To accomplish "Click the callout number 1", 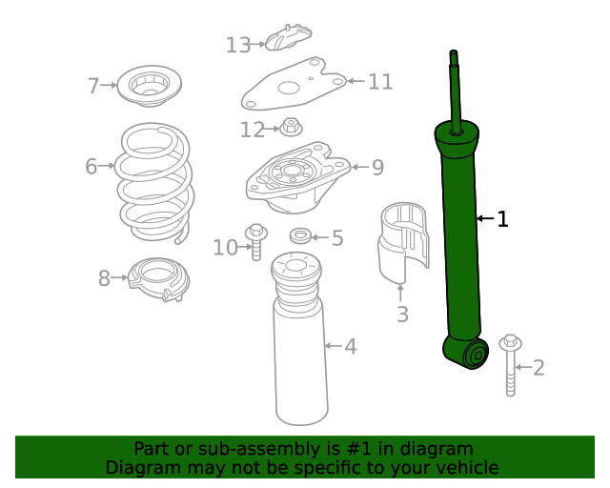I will [x=502, y=219].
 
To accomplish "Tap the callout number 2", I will [x=539, y=367].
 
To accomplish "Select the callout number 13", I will [x=237, y=45].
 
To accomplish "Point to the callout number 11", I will [x=380, y=82].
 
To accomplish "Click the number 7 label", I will [x=93, y=87].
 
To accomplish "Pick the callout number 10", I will [x=225, y=248].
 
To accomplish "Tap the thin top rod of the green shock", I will [x=455, y=86].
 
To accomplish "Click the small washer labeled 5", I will [x=300, y=235].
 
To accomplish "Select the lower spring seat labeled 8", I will [x=159, y=279].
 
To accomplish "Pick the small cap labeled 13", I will [x=287, y=39].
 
